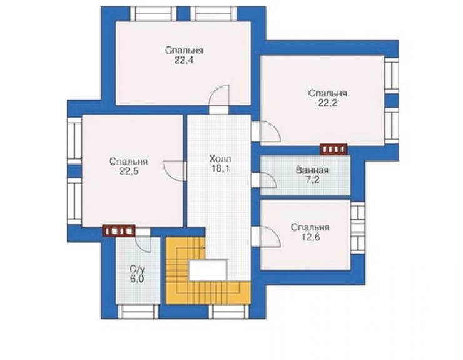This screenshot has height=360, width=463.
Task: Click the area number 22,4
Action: (184, 61)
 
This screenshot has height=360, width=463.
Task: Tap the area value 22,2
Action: (327, 103)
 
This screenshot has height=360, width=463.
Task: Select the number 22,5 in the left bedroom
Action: (128, 172)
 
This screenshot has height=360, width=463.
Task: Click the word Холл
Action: (220, 159)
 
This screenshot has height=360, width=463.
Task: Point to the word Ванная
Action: (312, 170)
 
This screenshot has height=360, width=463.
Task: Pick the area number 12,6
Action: (310, 237)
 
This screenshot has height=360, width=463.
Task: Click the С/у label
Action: (138, 269)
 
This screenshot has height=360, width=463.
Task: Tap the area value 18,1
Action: (220, 169)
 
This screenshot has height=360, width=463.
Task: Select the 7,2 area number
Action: (312, 180)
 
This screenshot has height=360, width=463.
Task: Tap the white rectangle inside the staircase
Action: (208, 270)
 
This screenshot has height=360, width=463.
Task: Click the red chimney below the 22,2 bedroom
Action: (333, 149)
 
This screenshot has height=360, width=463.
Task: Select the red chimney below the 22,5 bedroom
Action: (119, 230)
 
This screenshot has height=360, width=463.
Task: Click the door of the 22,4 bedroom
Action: (219, 98)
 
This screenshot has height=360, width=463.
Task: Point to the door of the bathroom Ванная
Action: (263, 180)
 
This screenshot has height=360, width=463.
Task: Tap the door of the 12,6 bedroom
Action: (266, 237)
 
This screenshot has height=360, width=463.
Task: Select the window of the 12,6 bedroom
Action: (357, 228)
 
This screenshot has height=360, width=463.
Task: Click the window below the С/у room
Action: (138, 312)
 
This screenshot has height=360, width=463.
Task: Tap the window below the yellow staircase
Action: (229, 312)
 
